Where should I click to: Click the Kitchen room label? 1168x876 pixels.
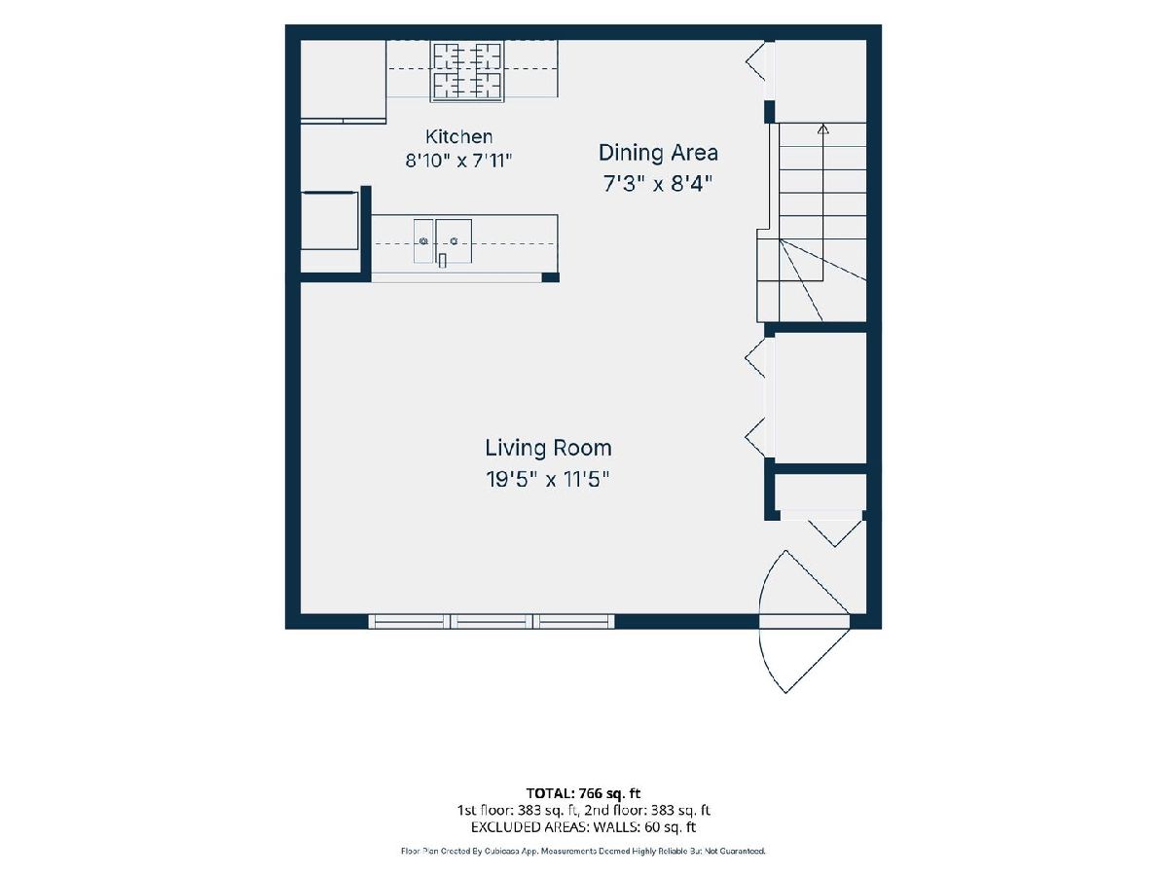click(458, 136)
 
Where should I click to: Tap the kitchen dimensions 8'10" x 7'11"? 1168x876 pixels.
click(458, 160)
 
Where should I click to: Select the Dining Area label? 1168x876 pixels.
click(658, 153)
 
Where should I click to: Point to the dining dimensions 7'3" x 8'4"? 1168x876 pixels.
click(658, 184)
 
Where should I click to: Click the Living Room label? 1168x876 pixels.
click(548, 448)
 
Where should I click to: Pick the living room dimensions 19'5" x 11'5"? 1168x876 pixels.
click(548, 479)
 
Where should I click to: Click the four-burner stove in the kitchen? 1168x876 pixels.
click(467, 72)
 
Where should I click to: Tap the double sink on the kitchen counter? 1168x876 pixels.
click(443, 241)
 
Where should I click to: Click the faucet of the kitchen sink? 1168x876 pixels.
click(442, 261)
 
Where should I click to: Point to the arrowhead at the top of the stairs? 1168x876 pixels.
click(823, 128)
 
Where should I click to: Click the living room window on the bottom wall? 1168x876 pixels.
click(492, 621)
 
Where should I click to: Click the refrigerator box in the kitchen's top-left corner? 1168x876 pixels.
click(344, 79)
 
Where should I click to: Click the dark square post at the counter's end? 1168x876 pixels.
click(550, 277)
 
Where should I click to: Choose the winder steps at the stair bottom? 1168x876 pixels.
click(812, 280)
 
